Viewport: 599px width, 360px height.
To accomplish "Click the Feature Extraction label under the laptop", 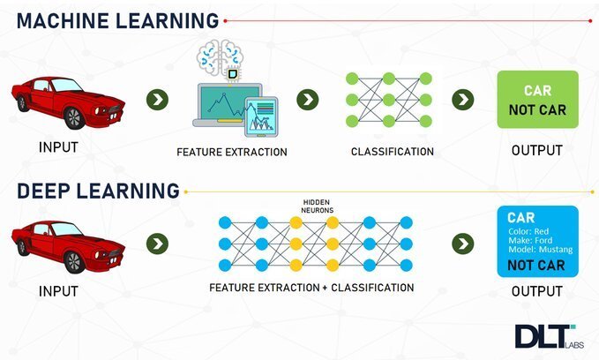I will (x=232, y=152).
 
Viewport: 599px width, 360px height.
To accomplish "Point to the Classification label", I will (x=393, y=152).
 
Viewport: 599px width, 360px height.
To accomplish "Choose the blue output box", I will (x=537, y=241).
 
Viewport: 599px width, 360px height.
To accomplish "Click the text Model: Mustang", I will (x=540, y=251).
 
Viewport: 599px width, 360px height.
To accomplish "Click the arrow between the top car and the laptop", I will (x=157, y=99).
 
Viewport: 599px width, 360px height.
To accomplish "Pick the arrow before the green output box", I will (x=463, y=99).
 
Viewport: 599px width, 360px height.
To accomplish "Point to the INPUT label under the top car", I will (x=58, y=147).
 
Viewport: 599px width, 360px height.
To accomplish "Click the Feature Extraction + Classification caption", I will (x=311, y=288).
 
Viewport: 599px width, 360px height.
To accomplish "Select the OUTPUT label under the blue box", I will (x=536, y=291).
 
